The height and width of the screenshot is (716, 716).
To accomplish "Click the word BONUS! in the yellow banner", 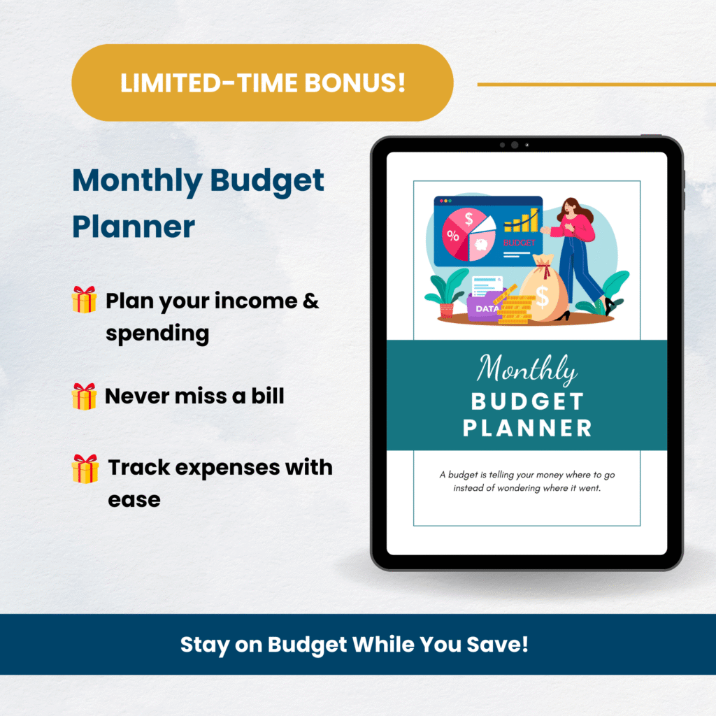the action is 355,83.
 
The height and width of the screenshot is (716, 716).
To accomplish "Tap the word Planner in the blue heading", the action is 134,227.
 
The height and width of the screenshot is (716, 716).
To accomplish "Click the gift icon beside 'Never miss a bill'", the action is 84,396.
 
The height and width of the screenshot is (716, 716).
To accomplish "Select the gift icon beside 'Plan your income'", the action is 84,299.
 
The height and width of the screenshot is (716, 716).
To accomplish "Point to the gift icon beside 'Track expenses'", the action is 85,468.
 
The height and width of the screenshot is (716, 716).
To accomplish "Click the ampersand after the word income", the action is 310,301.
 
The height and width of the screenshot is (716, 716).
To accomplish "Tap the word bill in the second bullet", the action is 268,396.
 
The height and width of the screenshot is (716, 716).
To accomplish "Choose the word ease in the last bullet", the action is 134,501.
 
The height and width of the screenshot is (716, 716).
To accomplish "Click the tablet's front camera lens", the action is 515,145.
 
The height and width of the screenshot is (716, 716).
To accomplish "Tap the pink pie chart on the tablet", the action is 468,235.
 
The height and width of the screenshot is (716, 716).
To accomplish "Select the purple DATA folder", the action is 484,306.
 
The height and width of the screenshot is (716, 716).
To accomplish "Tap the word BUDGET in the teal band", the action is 527,402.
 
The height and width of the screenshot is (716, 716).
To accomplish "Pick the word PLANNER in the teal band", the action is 527,429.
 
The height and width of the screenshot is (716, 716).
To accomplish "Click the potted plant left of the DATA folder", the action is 447,293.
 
